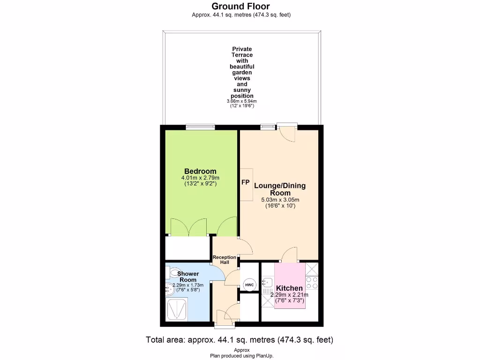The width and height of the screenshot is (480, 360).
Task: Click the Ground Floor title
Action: [x=240, y=6]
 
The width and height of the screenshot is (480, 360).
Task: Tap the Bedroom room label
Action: [x=200, y=171]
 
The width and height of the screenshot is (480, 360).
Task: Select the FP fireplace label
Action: [x=245, y=182]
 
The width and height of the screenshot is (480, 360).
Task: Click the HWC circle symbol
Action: [x=249, y=285]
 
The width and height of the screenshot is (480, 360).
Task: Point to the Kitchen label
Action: [x=289, y=288]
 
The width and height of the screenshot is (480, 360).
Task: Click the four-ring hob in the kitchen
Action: [x=312, y=283]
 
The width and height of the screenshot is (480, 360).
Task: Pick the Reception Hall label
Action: [x=225, y=260]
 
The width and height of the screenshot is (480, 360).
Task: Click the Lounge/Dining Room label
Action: [x=280, y=189]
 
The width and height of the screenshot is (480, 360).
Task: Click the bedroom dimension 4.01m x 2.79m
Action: [x=200, y=178]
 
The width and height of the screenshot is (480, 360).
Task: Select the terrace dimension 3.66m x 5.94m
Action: [x=241, y=101]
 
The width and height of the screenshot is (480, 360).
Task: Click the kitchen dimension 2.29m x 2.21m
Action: [x=289, y=295]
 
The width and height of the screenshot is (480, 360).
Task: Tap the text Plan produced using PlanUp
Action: [x=241, y=356]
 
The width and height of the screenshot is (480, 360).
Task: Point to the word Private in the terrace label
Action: [x=242, y=49]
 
